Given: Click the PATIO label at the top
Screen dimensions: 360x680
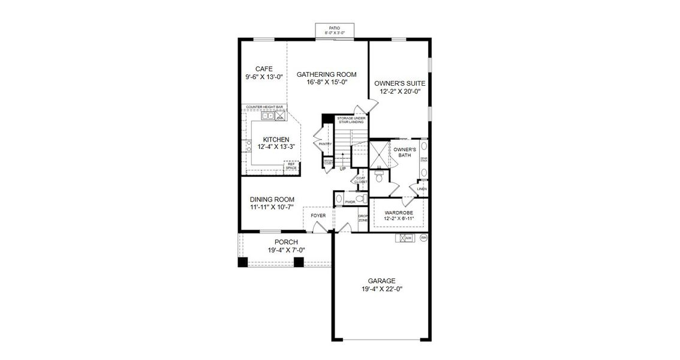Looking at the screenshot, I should tap(334, 28).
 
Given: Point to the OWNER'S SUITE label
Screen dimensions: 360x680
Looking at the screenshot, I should tap(400, 83).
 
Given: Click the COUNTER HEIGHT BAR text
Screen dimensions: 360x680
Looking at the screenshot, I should tap(264, 107).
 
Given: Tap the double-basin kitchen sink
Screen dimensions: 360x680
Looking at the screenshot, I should tap(267, 117).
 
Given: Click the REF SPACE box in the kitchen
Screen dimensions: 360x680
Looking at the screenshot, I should tap(291, 166).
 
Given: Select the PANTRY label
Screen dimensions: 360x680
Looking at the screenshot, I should tap(325, 144).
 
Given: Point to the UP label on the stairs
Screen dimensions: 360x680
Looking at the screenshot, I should tap(342, 169).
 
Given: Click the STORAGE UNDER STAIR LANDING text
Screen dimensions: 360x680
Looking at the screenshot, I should tap(351, 120).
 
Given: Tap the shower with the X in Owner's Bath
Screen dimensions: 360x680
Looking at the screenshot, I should tap(378, 153).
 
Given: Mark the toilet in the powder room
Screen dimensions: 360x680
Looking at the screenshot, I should tap(360, 199).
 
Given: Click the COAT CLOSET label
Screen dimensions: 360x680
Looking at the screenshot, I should tap(360, 179).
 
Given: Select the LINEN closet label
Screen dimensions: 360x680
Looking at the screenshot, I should tap(422, 189).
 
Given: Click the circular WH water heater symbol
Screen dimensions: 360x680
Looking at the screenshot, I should tap(423, 238).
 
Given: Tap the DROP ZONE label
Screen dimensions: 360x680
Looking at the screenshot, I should tap(363, 218).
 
